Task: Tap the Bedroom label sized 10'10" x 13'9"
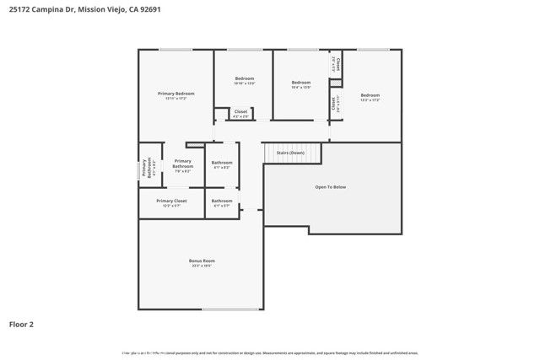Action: tap(244, 78)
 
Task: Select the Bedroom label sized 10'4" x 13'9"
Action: tap(301, 83)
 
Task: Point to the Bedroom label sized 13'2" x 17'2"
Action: tap(370, 95)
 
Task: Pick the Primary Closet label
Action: tap(171, 201)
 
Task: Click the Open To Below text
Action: tap(331, 186)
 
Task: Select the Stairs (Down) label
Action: tap(291, 153)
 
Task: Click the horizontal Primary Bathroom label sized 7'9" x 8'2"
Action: tap(183, 164)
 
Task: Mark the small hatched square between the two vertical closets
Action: tap(334, 83)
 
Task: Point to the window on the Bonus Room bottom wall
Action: tap(229, 309)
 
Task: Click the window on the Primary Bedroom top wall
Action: tap(175, 50)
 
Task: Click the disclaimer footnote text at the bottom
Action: tap(270, 353)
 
